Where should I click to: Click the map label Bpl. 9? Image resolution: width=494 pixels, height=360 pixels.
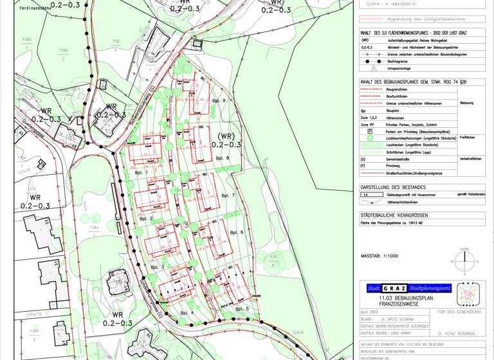point(219,101)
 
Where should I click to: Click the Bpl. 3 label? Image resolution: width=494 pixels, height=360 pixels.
point(158,266)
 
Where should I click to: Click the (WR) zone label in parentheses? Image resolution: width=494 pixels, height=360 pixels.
point(228,136)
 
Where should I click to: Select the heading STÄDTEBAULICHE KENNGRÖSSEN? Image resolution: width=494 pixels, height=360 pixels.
point(394,215)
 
